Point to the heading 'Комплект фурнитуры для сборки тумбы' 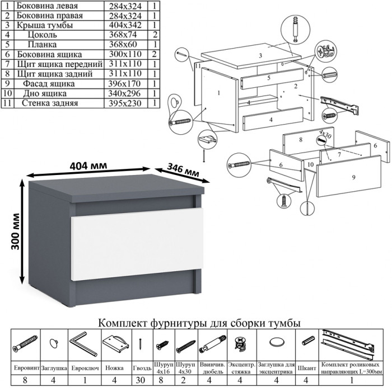pyautogui.click(x=199, y=324)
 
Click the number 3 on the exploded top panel pyautogui.click(x=260, y=56)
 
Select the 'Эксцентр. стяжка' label pyautogui.click(x=241, y=369)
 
